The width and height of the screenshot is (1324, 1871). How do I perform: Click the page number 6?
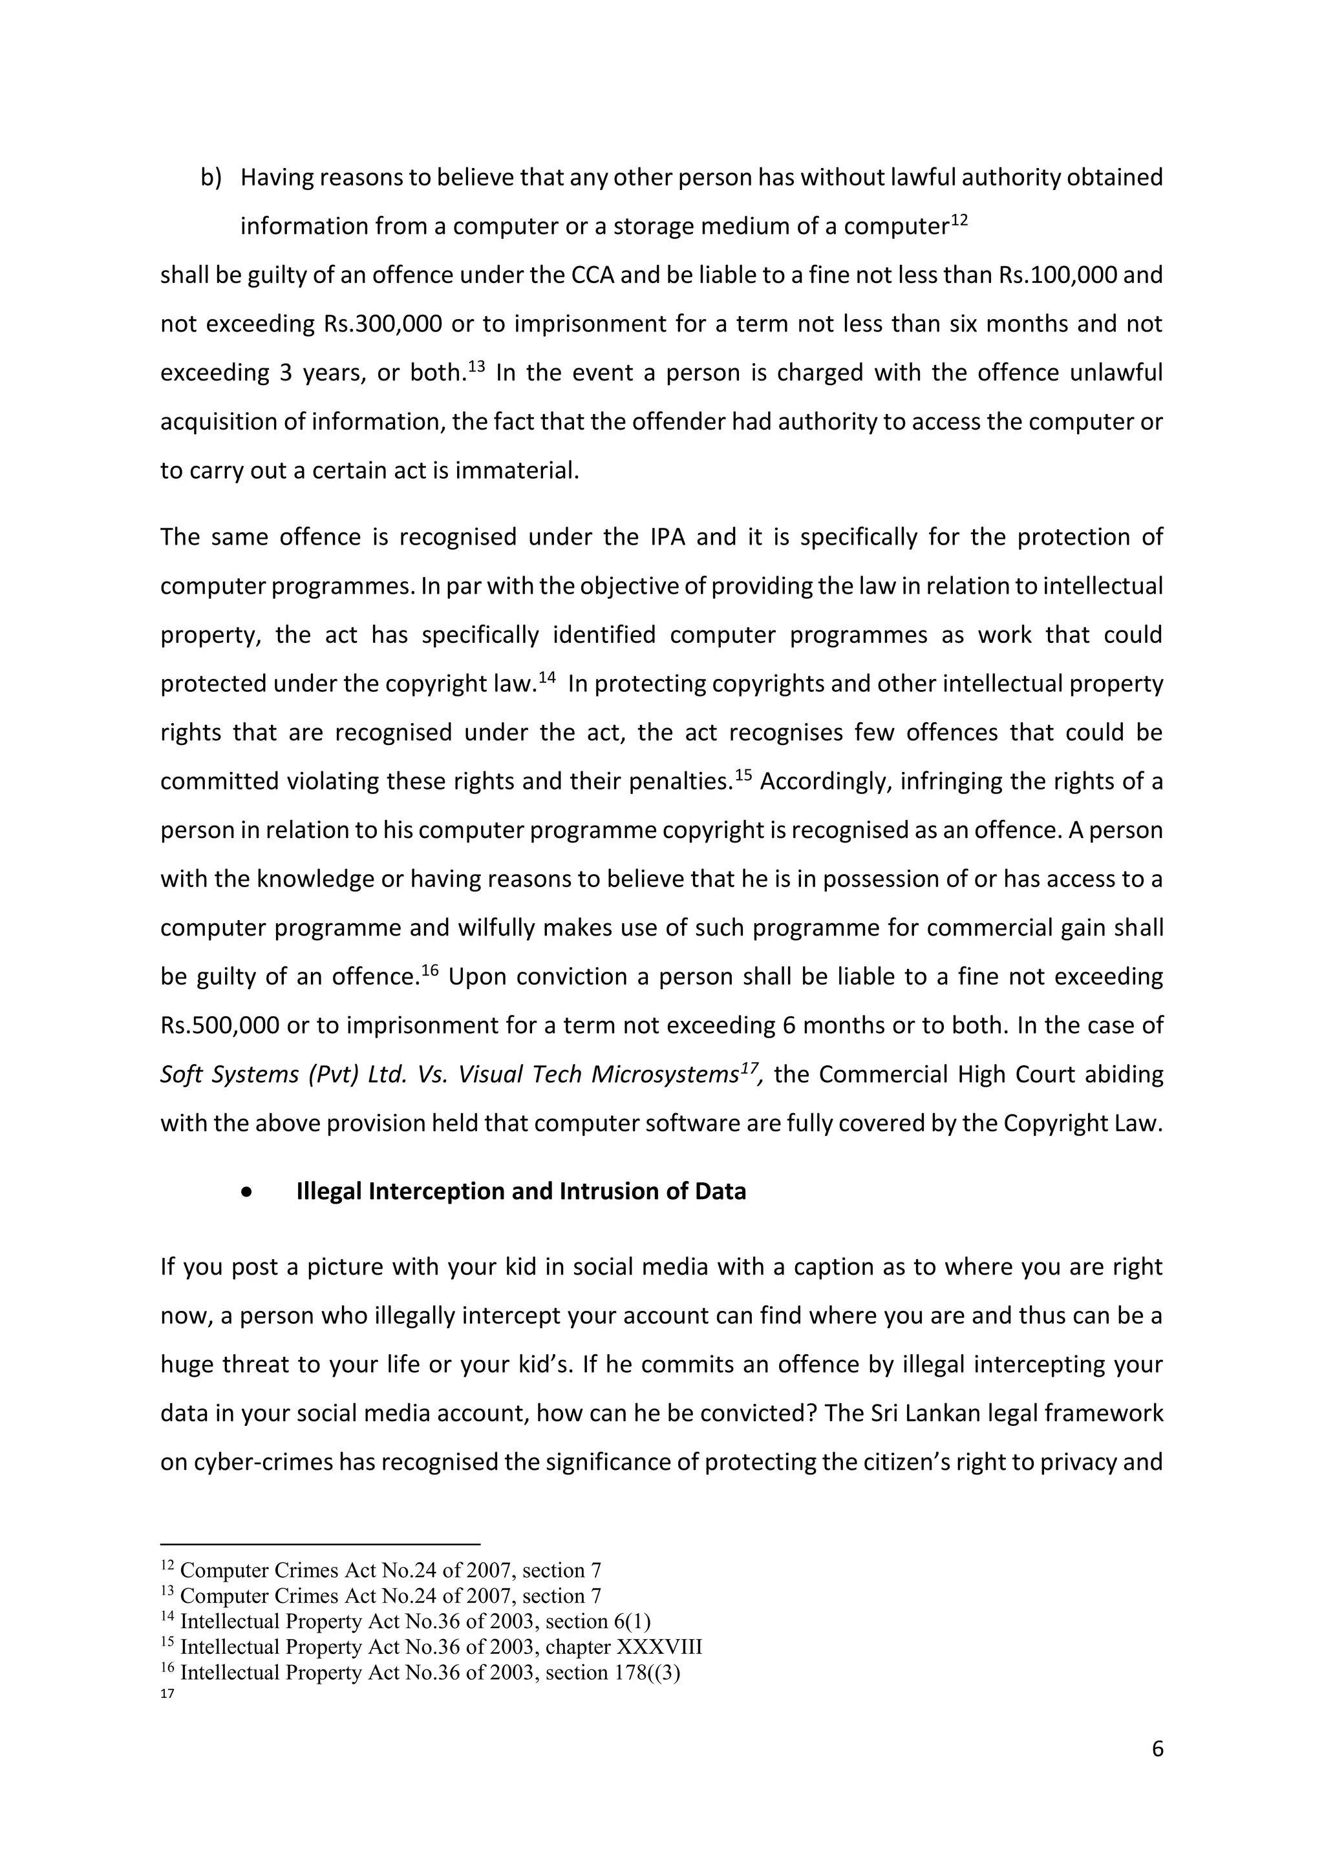point(1157,1749)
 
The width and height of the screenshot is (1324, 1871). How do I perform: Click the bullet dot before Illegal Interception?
point(246,1192)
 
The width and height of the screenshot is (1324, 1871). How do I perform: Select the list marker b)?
point(211,178)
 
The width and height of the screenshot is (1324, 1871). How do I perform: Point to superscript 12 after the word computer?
point(959,220)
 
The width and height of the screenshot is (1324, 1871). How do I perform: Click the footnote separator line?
point(321,1544)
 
